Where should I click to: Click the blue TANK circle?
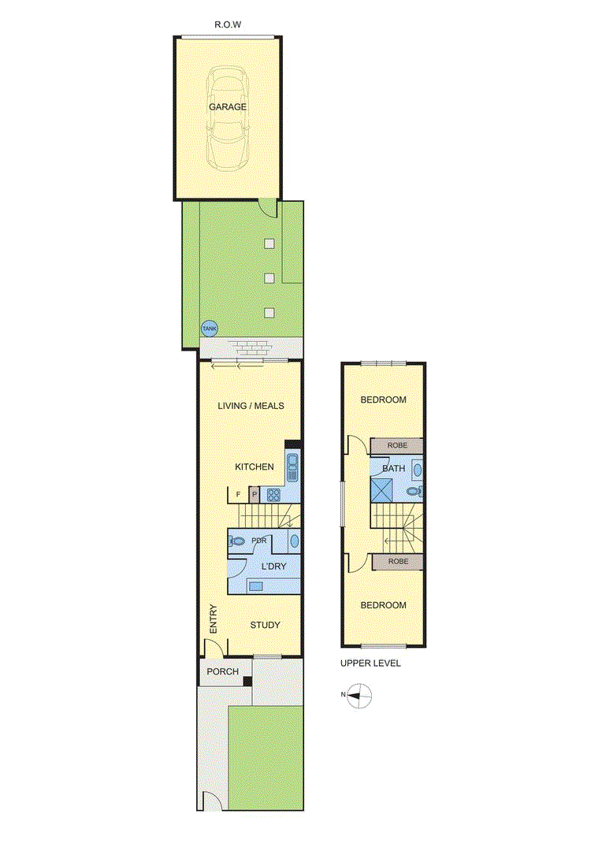coord(209,329)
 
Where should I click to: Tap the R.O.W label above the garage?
coord(228,25)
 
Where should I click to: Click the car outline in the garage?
coord(228,117)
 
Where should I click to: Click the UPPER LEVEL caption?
coord(370,663)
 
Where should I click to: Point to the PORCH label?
coord(222,671)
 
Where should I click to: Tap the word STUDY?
coord(265,625)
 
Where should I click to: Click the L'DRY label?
coord(273,566)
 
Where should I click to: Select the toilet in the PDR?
coord(237,541)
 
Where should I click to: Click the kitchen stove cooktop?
coord(273,495)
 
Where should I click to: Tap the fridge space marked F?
coord(238,494)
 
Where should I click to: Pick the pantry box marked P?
coord(254,494)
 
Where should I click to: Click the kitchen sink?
coord(292,468)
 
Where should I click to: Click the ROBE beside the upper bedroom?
coord(397,445)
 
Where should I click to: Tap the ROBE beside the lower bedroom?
coord(398,561)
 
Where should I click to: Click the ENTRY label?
coord(214,619)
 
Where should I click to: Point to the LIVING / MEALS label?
coord(251,406)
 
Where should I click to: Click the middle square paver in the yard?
coord(269,278)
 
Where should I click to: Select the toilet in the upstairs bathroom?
coord(415,492)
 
